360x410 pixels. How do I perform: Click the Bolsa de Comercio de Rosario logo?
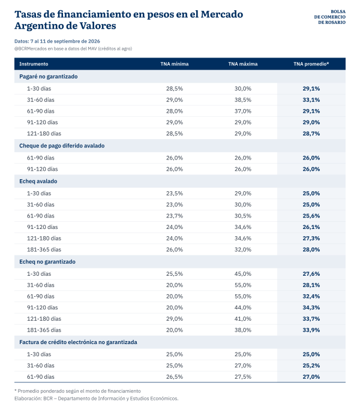coord(329,17)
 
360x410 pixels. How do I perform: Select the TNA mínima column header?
coord(175,64)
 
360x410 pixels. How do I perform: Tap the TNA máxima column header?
coord(243,64)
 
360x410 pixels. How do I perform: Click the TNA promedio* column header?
coord(311,64)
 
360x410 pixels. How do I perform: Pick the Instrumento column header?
coord(34,64)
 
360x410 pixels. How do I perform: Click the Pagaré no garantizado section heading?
coord(49,77)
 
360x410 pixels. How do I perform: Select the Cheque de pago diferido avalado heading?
coord(62,146)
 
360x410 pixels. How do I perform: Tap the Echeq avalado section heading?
coord(38,181)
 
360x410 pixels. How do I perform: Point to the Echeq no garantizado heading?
coord(47,262)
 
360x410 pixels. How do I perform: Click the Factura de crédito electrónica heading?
coord(78,342)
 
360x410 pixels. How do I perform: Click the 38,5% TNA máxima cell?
coord(243,100)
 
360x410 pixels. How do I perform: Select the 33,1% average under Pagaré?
coord(311,100)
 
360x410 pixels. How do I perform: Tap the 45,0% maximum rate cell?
coord(243,274)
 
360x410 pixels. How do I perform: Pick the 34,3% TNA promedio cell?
coord(311,307)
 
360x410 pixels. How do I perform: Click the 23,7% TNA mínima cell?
coord(175,216)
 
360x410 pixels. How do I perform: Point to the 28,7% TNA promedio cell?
coord(311,134)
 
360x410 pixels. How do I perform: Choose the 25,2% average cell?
coord(311,366)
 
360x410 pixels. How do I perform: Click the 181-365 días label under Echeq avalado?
coord(44,249)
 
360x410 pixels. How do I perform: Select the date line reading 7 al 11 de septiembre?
coord(57,41)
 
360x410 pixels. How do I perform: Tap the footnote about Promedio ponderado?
coord(77,391)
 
